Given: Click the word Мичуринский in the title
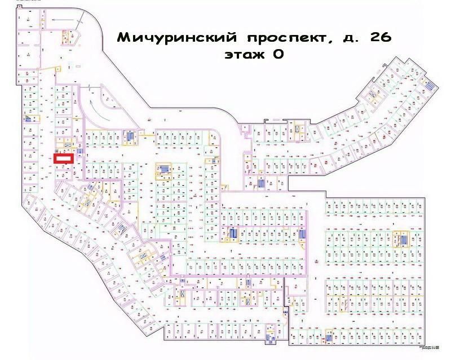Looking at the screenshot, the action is tap(178, 38).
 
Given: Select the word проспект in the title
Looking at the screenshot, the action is tap(284, 38).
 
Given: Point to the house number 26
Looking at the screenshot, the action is tap(379, 38).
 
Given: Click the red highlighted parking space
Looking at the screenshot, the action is tap(63, 159).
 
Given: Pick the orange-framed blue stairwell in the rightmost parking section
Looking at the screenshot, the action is tap(403, 239).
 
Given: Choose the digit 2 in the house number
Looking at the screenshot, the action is tap(372, 38).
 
